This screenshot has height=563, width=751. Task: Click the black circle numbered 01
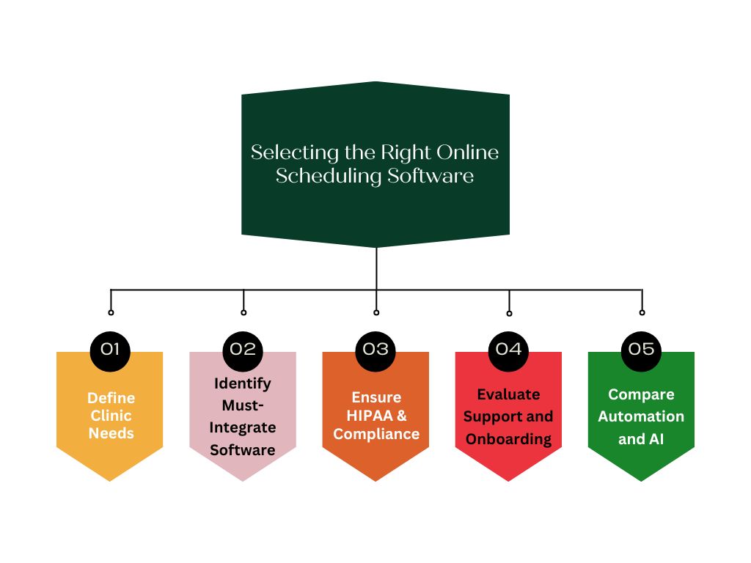point(110,350)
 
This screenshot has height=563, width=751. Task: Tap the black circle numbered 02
point(243,350)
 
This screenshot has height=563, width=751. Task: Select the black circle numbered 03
point(375,350)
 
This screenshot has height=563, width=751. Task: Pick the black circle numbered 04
point(508,350)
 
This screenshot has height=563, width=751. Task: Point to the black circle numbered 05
point(641,350)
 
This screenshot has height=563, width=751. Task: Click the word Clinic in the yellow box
point(111,416)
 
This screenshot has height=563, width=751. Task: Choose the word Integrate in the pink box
point(243,427)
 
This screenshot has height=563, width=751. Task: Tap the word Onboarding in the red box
point(508,439)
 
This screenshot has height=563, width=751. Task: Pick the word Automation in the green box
point(641,416)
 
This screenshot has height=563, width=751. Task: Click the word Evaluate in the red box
point(508,394)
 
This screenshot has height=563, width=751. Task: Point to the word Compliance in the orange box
point(376,434)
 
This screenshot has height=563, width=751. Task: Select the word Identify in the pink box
point(243,383)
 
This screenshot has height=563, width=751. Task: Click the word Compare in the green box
point(641,394)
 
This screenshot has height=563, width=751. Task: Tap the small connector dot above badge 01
point(111,312)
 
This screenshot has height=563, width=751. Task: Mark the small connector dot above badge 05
point(642,312)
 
